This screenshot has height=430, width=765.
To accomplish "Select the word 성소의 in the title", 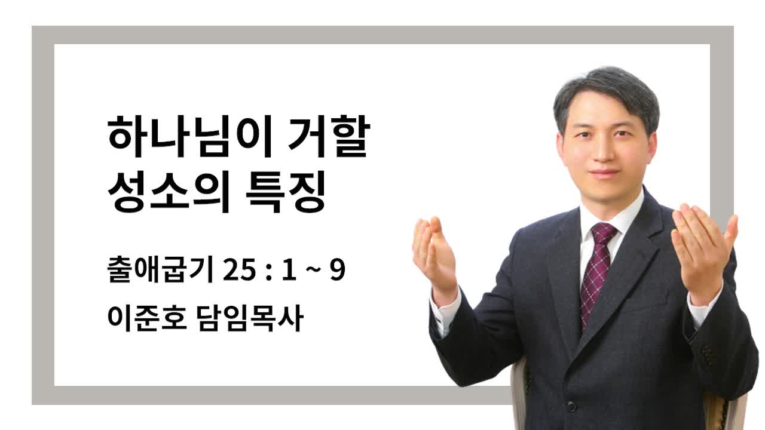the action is [169, 192].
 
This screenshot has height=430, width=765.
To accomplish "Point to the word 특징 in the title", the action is [285, 192].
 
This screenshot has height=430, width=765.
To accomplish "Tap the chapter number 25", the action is [239, 270].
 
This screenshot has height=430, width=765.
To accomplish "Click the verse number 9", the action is [338, 270].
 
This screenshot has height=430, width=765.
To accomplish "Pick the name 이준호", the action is [147, 318].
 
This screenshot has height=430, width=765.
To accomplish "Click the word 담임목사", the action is [250, 318].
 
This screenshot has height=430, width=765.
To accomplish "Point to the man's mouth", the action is [604, 173].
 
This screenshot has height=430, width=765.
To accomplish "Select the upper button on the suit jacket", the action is [571, 407].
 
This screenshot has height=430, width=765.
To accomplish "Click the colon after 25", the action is [269, 272].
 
